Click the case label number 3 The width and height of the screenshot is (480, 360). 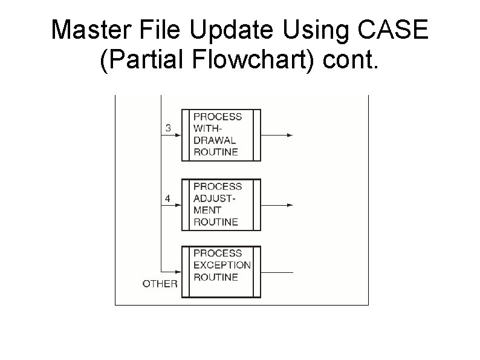tap(169, 128)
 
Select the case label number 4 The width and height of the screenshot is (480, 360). tap(169, 198)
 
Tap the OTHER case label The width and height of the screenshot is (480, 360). tap(160, 283)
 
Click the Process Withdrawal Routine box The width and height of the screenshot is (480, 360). tap(221, 134)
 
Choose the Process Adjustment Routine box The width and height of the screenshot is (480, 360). tap(221, 205)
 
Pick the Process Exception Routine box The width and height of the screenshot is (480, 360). tap(221, 272)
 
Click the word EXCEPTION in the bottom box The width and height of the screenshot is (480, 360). tap(222, 265)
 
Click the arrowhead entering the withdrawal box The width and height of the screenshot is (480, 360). tap(178, 135)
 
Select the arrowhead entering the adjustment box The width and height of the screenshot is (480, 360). tap(178, 205)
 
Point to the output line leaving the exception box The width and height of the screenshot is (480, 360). tap(277, 272)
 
